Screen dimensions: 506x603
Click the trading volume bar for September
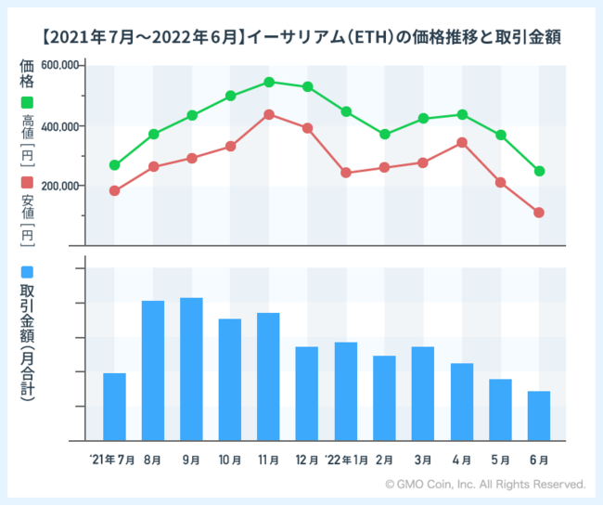pos(191,370)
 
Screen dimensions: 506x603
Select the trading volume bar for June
pos(539,416)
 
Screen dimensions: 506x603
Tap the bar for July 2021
pos(114,407)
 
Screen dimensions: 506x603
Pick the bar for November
pos(268,377)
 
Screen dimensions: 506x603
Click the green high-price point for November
pos(269,82)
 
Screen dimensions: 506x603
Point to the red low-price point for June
pos(539,213)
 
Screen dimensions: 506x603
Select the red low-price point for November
pos(269,114)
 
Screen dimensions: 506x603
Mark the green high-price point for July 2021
pos(114,165)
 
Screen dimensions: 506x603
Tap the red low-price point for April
pos(462,142)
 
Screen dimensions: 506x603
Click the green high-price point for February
pos(384,135)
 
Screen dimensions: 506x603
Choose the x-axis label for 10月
pos(230,460)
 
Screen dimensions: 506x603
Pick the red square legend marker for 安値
pos(26,182)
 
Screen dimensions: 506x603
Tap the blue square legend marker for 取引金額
pos(26,272)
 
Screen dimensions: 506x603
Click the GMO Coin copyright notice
pos(485,485)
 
